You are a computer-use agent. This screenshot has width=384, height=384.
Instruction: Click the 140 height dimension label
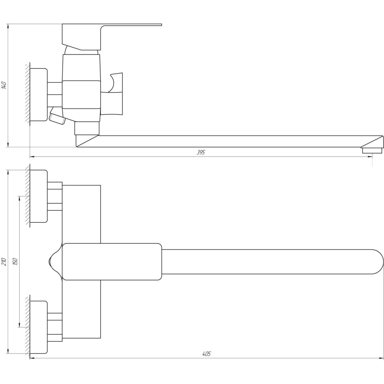[4, 85]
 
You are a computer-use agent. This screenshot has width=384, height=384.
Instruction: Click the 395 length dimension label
[201, 152]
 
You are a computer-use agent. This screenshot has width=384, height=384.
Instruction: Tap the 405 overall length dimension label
[207, 354]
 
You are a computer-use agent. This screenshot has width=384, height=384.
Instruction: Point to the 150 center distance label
[15, 262]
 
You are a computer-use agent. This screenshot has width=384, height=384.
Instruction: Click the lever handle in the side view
[112, 36]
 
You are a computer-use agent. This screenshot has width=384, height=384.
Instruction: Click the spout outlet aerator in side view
[372, 150]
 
